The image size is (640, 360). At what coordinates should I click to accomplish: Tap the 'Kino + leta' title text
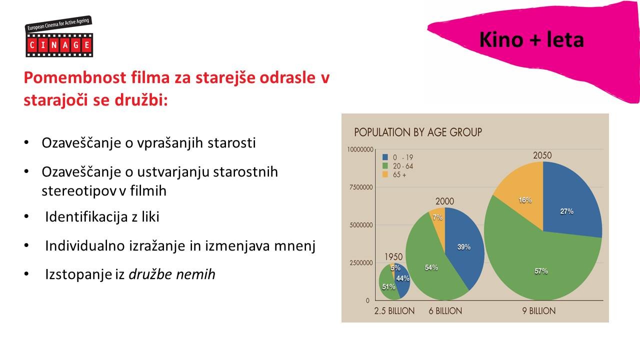(531, 39)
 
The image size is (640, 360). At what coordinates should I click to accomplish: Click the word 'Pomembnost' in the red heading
(75, 77)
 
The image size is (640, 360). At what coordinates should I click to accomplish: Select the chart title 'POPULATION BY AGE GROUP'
(418, 132)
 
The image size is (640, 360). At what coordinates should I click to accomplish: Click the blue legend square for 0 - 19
(385, 157)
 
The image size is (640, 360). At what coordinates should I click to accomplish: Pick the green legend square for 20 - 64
(385, 165)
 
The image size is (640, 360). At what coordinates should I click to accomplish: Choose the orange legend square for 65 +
(385, 174)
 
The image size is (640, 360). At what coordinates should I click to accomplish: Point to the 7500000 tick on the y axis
(361, 187)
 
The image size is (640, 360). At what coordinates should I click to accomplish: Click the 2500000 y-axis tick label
(361, 262)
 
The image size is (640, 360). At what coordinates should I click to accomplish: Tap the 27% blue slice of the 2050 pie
(568, 205)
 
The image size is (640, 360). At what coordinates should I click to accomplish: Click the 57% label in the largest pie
(541, 271)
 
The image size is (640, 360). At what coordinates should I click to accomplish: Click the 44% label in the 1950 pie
(403, 278)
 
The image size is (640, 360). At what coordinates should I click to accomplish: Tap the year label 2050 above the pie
(542, 155)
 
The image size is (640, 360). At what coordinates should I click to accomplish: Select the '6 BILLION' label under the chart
(445, 311)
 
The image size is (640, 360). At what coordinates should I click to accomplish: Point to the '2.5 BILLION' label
(394, 311)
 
